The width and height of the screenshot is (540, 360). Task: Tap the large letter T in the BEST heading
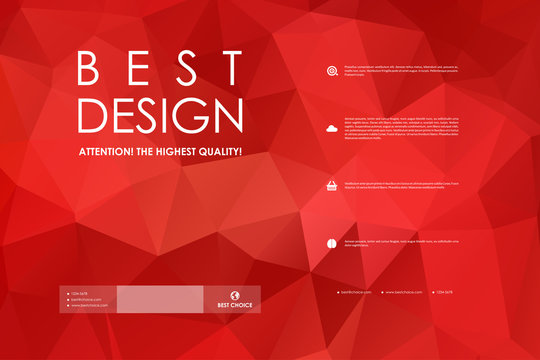coord(233,69)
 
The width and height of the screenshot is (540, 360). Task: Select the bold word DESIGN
coord(161,116)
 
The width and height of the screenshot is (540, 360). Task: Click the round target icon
coord(331,70)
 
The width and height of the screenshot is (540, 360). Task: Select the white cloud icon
coord(331,129)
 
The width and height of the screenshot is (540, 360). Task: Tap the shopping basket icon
coord(331,186)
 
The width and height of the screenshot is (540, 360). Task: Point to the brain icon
coord(331,243)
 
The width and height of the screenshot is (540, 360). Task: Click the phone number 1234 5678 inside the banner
coord(79,293)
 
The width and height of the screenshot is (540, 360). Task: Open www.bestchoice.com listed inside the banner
coord(89,305)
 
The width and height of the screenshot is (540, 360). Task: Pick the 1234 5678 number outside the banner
coord(443,292)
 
